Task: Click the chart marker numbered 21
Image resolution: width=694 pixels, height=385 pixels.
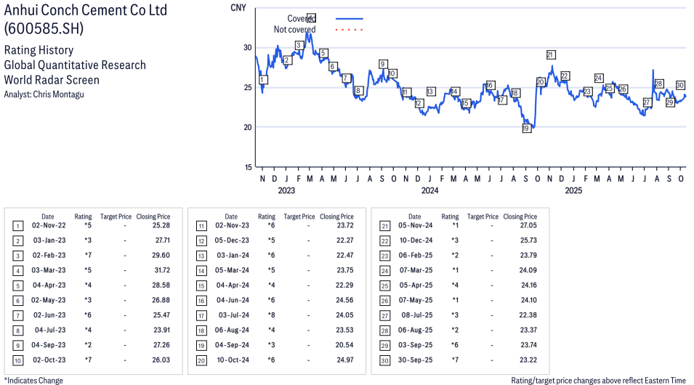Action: pyautogui.click(x=550, y=54)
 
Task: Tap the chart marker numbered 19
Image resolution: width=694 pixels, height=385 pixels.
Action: pyautogui.click(x=526, y=129)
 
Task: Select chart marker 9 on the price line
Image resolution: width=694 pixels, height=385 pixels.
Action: pyautogui.click(x=382, y=64)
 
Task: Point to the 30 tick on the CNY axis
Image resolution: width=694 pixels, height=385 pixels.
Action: pyautogui.click(x=248, y=48)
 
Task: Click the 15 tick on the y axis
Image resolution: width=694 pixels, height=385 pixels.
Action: pyautogui.click(x=248, y=167)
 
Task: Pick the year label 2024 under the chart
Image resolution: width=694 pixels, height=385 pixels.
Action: pyautogui.click(x=429, y=191)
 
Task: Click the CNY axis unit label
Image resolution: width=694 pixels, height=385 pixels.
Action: pyautogui.click(x=237, y=7)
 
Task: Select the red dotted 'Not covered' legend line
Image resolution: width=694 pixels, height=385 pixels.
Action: pyautogui.click(x=349, y=30)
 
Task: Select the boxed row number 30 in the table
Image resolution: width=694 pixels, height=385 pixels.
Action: pyautogui.click(x=384, y=360)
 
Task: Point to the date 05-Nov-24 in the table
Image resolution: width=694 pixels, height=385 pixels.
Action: pyautogui.click(x=414, y=227)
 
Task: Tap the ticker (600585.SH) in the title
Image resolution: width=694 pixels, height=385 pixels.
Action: pyautogui.click(x=44, y=29)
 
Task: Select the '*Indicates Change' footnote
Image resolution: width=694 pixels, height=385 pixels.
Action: pyautogui.click(x=33, y=380)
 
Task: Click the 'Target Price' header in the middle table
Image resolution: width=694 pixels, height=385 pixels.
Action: pyautogui.click(x=299, y=216)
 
